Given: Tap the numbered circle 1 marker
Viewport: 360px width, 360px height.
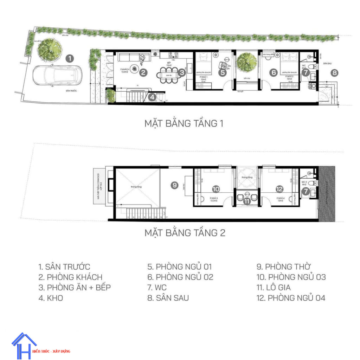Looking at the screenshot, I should point(70,58).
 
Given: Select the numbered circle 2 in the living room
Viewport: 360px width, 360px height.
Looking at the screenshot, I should point(143,73).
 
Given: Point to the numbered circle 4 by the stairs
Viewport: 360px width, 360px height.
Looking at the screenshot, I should point(152,96).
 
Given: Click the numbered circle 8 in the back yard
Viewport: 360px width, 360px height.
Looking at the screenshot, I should point(334,73).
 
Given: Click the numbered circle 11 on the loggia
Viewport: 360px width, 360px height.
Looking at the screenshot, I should point(247,201).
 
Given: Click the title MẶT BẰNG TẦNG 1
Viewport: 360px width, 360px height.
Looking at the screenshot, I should point(184,124).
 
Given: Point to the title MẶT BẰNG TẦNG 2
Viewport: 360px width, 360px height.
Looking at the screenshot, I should point(185,233).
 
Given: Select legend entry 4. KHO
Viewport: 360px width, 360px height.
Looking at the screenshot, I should point(51,298).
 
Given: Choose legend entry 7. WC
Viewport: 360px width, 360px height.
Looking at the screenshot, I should point(157,288).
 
